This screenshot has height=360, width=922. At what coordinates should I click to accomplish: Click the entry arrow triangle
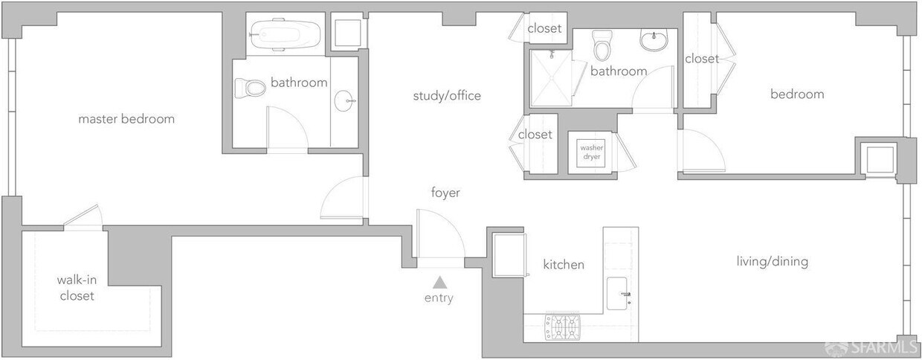(440, 281)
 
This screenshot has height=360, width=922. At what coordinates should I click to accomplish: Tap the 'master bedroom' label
(126, 119)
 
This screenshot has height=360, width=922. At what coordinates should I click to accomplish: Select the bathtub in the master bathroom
(286, 34)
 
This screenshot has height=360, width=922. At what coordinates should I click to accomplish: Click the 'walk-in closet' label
(77, 288)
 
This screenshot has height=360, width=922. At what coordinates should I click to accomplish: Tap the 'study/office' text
(447, 96)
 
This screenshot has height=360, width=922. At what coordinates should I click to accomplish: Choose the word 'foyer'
(445, 193)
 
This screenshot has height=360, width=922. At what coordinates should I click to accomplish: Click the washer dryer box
(593, 152)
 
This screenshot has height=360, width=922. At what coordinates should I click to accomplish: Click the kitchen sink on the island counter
(619, 293)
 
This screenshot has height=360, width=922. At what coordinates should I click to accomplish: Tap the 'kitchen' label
(564, 265)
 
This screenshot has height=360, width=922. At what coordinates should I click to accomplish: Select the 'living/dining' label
(772, 262)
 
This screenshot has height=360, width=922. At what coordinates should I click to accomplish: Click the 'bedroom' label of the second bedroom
(797, 94)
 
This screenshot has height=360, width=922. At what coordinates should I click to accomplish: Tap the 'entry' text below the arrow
(439, 298)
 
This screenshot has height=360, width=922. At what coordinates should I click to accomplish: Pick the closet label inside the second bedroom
(701, 59)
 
